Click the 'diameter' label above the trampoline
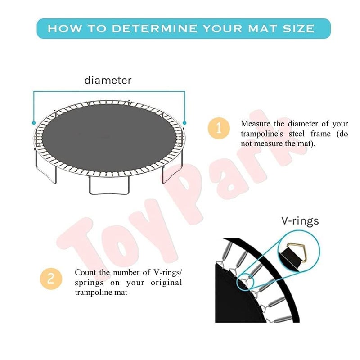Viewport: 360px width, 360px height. (108, 81)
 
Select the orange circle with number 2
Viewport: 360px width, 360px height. (51, 278)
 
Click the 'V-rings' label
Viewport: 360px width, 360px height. (300, 221)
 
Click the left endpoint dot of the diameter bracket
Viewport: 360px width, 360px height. (34, 122)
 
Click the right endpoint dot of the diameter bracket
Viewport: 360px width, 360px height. (184, 122)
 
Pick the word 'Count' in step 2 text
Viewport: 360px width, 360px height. (85, 273)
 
